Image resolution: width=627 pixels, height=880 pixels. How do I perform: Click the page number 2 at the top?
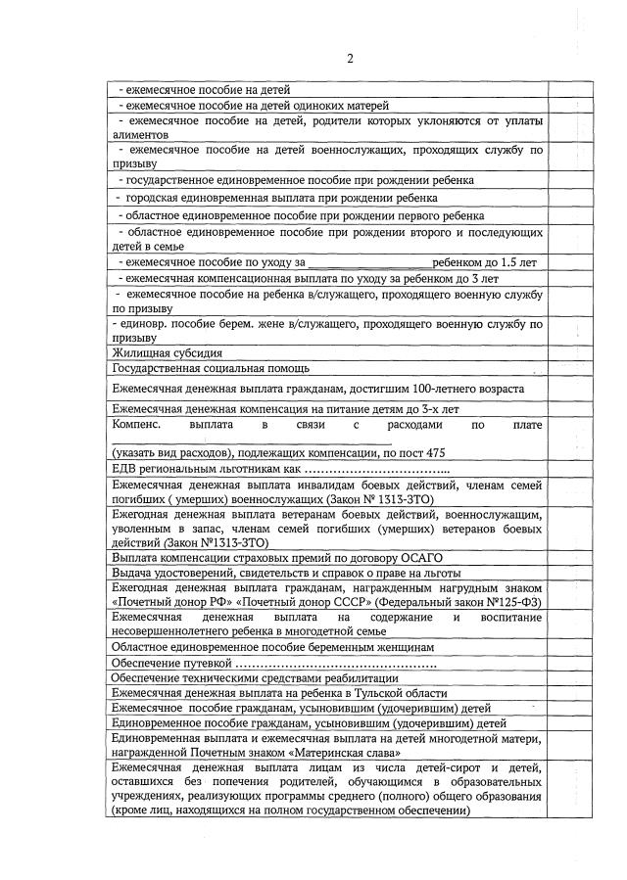pos(349,59)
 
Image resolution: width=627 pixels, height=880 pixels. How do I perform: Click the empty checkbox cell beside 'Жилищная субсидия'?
pos(566,352)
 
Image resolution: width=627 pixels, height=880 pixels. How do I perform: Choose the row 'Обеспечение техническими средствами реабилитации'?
pos(255,677)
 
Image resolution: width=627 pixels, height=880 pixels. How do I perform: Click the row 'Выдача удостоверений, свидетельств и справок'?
pos(284,572)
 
